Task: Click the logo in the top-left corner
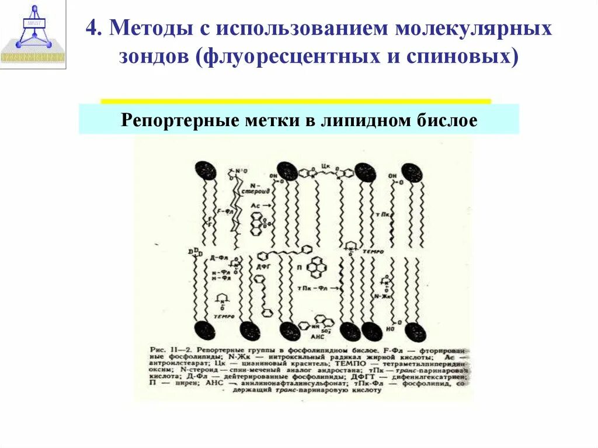(x=33, y=35)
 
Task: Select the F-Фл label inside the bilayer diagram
(x=224, y=210)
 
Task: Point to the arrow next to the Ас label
(x=265, y=206)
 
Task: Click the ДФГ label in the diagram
(x=265, y=267)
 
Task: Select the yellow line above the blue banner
(x=295, y=101)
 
